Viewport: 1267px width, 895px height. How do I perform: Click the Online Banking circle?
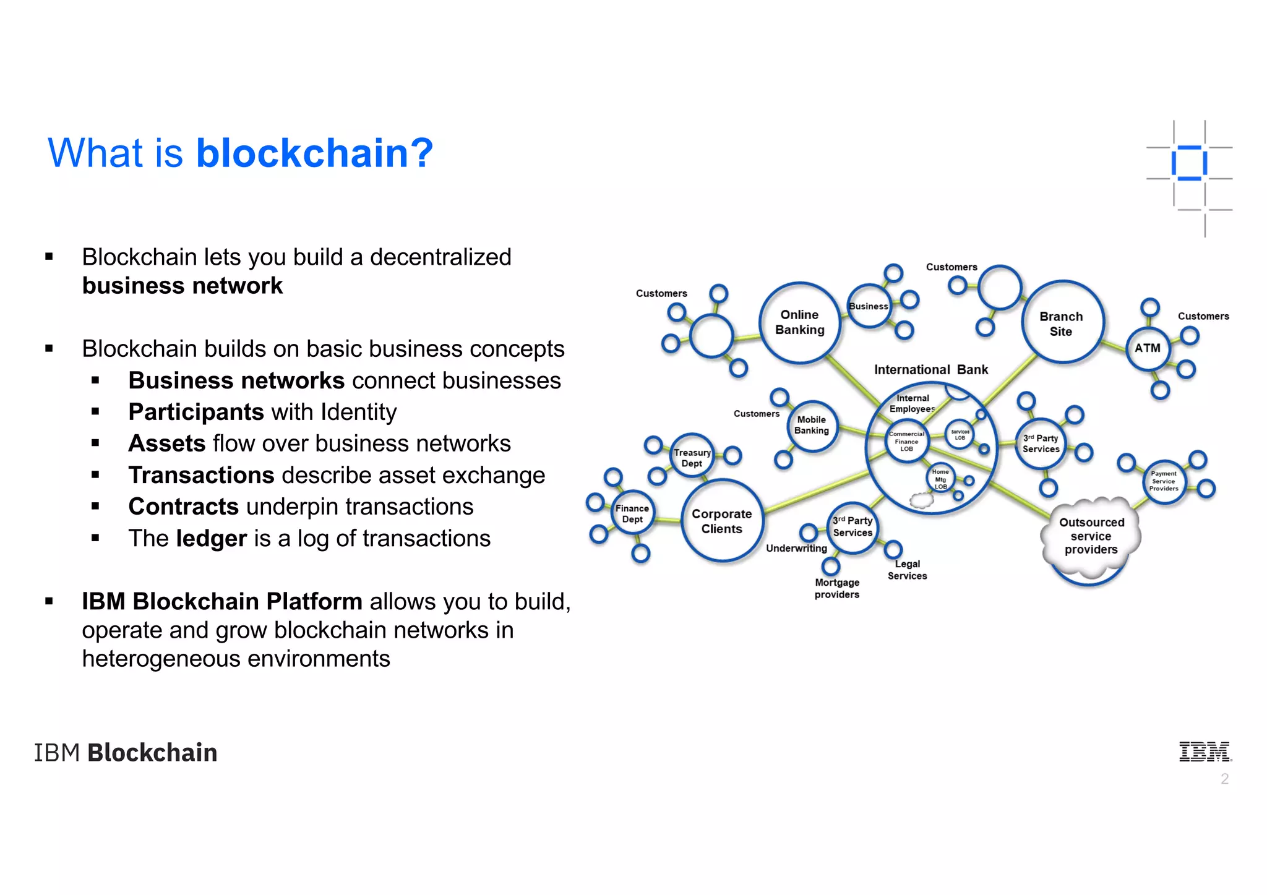(x=799, y=322)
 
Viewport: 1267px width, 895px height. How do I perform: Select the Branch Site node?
(x=1062, y=323)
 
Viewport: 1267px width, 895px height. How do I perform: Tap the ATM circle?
(x=1148, y=348)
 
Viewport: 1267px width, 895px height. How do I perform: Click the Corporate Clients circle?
(x=722, y=521)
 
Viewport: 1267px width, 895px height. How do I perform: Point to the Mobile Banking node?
(x=812, y=425)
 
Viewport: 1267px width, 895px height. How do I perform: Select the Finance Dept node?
(x=632, y=513)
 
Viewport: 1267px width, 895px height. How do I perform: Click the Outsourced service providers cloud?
(x=1091, y=536)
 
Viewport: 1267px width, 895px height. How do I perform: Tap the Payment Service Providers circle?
(x=1164, y=481)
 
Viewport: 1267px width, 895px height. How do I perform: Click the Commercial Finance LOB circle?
(x=906, y=441)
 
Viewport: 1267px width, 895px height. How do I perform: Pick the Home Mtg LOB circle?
(x=940, y=479)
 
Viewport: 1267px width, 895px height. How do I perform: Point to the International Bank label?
(x=930, y=370)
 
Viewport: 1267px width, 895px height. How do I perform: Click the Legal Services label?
(x=907, y=570)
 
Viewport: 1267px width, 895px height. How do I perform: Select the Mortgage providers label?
(x=837, y=588)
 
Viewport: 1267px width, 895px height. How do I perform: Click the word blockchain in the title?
(x=314, y=153)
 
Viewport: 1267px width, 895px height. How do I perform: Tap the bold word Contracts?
(x=183, y=507)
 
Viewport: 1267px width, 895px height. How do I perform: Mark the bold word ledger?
(x=211, y=538)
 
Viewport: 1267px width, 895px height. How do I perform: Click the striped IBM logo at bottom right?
(x=1205, y=752)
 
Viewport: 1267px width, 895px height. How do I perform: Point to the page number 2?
(x=1224, y=779)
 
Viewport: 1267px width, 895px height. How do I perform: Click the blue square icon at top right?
(x=1189, y=163)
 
